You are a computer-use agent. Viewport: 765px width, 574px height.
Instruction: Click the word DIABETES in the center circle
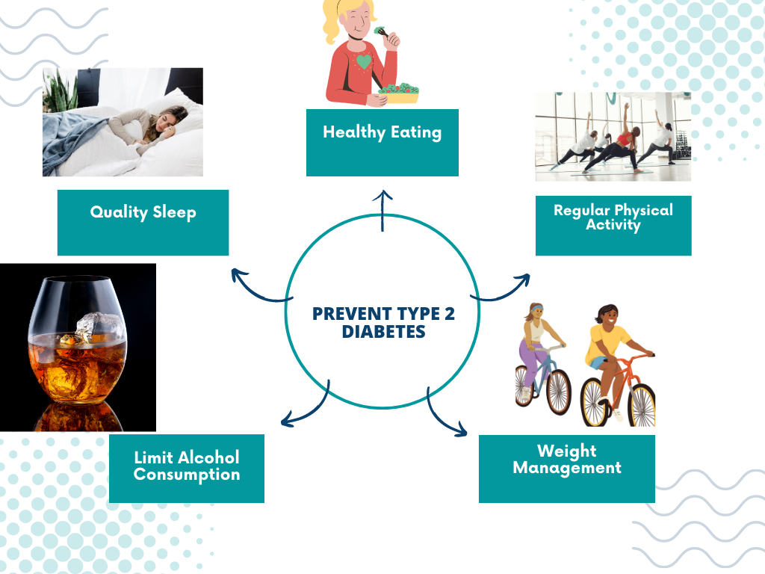click(x=383, y=331)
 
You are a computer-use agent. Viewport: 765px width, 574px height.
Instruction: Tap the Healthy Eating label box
click(x=382, y=143)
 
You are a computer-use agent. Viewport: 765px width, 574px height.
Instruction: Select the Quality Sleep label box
click(x=143, y=223)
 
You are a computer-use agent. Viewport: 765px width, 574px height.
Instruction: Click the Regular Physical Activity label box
click(x=613, y=226)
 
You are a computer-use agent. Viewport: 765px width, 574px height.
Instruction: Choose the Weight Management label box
click(x=567, y=469)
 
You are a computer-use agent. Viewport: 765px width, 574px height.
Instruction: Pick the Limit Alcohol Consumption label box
click(x=187, y=469)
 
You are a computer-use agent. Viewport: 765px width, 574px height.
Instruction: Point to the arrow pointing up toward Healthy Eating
click(x=382, y=210)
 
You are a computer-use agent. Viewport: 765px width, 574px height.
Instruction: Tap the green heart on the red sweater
click(x=364, y=62)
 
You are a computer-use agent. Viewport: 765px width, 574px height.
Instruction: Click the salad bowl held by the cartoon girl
click(x=399, y=93)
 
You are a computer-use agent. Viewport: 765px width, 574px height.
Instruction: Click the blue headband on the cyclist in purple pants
click(x=536, y=309)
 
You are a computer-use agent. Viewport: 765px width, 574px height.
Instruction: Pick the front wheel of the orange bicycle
click(x=642, y=404)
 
